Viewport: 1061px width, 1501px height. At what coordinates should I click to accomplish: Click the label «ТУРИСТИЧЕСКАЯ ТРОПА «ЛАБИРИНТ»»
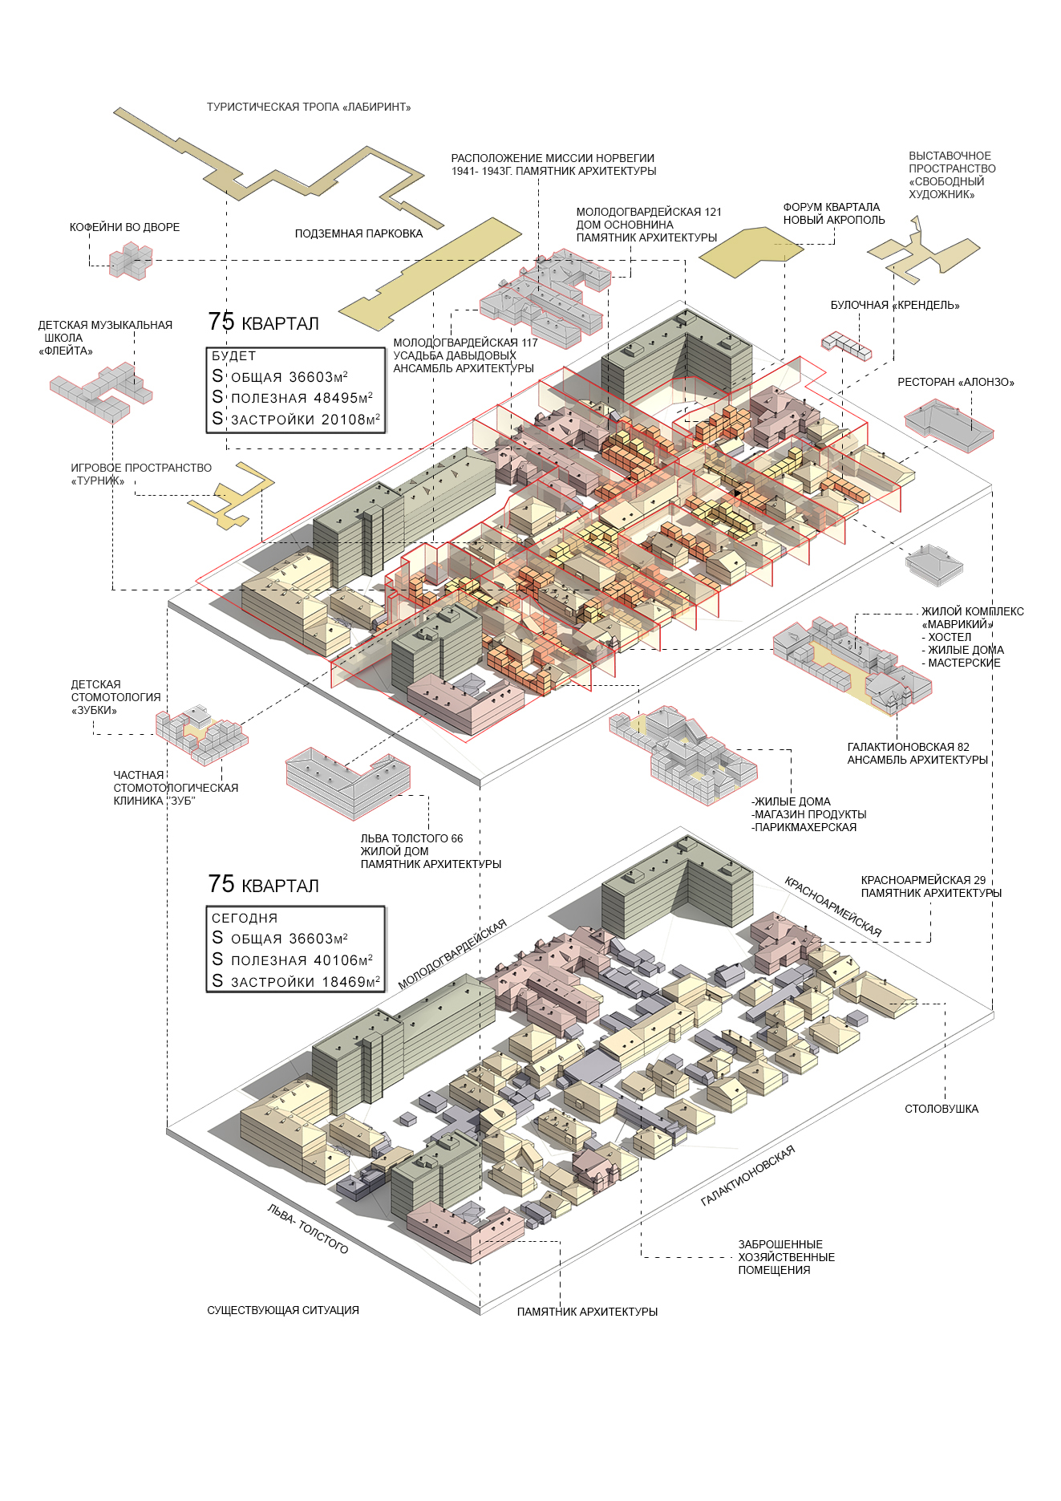[x=309, y=107]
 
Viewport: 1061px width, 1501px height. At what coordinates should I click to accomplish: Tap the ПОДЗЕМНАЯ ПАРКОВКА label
[x=358, y=233]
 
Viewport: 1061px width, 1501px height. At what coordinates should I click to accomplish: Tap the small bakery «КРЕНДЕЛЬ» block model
[x=846, y=346]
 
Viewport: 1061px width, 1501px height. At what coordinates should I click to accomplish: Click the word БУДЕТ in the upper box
[x=234, y=355]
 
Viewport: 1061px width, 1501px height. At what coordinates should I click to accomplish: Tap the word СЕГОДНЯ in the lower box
[x=245, y=918]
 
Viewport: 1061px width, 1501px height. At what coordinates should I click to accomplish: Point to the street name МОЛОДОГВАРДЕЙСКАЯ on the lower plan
[x=452, y=953]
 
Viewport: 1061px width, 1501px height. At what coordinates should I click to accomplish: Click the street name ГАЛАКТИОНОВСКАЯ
[x=748, y=1175]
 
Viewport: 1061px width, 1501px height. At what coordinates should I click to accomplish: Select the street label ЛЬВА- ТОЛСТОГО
[x=308, y=1228]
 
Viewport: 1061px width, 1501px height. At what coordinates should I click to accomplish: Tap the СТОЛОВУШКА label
[x=942, y=1109]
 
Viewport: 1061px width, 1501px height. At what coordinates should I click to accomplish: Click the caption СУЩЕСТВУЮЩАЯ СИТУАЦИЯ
[x=283, y=1310]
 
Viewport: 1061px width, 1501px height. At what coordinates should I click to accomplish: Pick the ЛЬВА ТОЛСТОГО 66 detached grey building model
[x=348, y=782]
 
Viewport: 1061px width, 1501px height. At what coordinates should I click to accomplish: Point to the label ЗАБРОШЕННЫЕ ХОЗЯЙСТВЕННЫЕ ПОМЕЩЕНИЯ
[x=787, y=1257]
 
